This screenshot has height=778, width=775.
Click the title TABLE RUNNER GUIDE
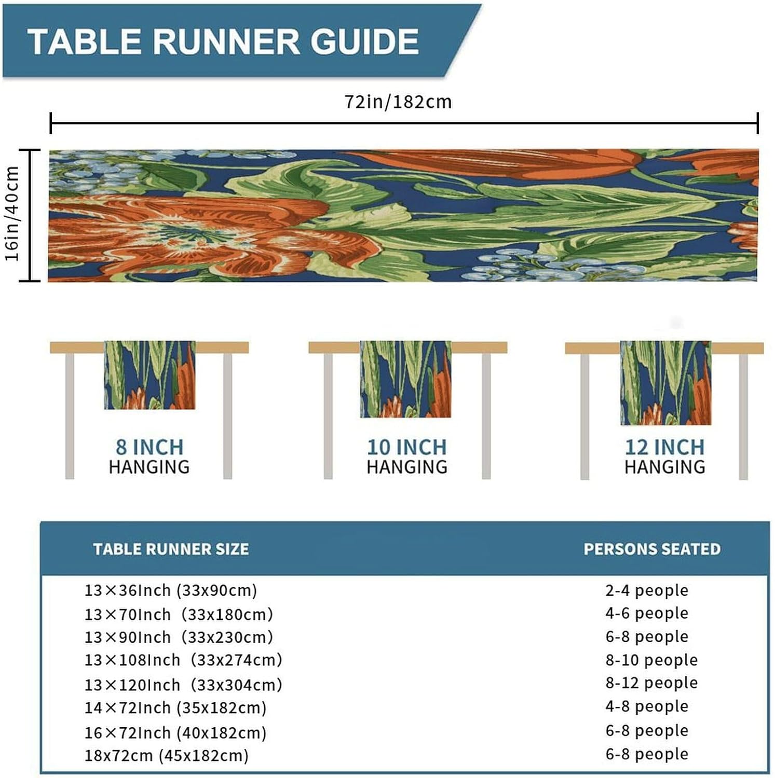tap(223, 41)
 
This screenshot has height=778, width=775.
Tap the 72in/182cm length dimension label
tap(398, 102)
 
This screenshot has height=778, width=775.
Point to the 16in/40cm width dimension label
tap(12, 214)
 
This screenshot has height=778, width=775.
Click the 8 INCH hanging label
tap(149, 447)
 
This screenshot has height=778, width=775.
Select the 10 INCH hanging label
tap(407, 447)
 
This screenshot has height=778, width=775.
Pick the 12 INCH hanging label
tap(665, 447)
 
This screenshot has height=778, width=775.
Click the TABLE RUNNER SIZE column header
tap(171, 549)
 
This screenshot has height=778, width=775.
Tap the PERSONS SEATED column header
tap(652, 549)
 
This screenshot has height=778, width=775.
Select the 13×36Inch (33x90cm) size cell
tap(171, 590)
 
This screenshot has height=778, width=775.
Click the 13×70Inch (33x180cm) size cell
tap(179, 615)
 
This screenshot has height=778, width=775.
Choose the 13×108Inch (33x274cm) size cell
tap(183, 660)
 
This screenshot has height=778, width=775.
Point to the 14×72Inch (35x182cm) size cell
tap(175, 708)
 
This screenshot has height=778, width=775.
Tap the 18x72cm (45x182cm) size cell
tap(167, 756)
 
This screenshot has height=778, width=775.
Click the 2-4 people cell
tap(647, 590)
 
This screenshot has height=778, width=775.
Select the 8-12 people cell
tap(651, 683)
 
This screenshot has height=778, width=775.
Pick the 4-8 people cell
tap(647, 706)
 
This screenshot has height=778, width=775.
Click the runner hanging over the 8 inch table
tap(149, 374)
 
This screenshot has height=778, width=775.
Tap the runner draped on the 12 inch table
tap(665, 383)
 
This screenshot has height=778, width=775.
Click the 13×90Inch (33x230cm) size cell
tap(179, 637)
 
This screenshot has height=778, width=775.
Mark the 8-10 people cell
tap(651, 660)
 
